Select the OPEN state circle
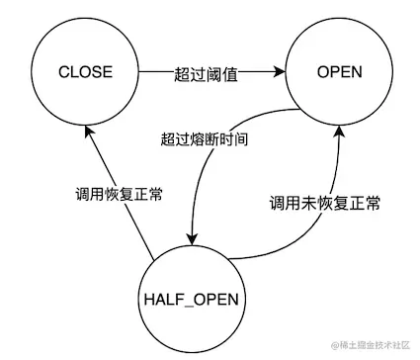[339, 72]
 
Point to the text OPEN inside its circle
[339, 72]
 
